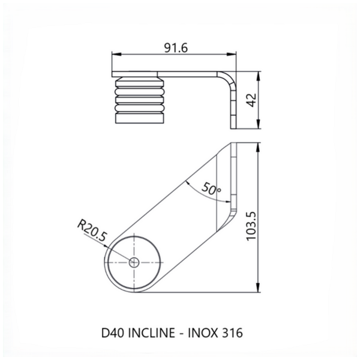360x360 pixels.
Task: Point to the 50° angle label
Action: coord(212,189)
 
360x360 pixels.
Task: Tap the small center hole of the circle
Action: coord(134,262)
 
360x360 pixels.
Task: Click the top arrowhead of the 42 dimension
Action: coord(257,76)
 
